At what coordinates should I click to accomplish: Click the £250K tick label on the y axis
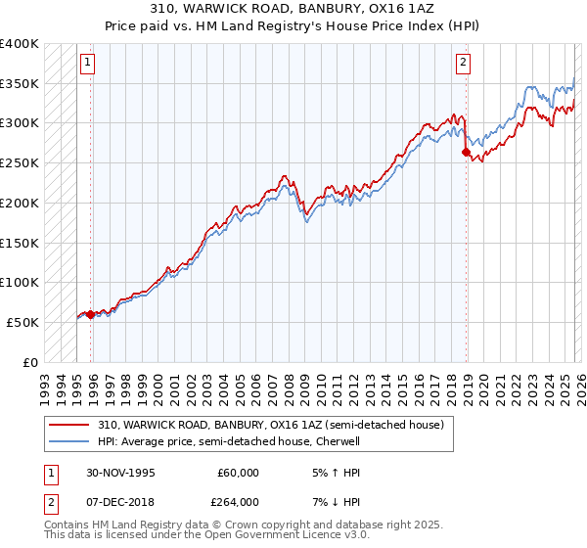tap(20, 163)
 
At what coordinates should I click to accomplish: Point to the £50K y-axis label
tap(23, 322)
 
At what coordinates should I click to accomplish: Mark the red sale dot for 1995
tap(90, 314)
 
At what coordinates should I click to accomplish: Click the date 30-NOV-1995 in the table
tap(120, 473)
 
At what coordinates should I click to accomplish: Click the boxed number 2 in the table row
tap(50, 502)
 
